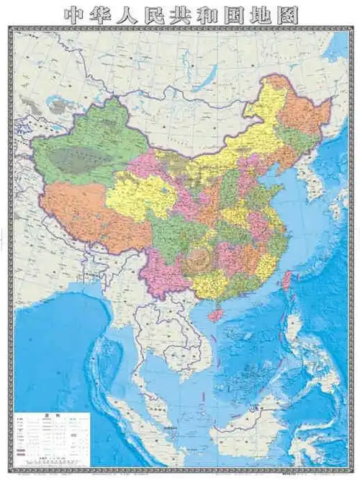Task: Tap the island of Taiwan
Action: click(286, 282)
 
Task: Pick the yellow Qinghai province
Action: click(140, 195)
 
